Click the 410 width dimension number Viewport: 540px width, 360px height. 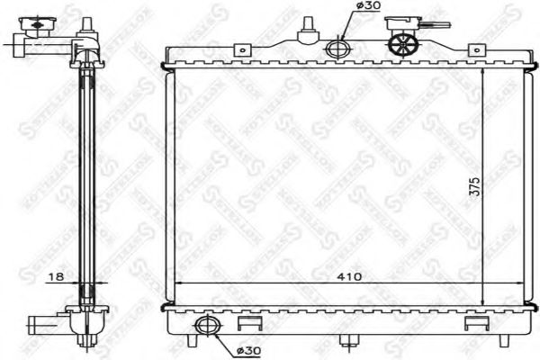pos(350,276)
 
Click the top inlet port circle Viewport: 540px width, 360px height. pos(338,49)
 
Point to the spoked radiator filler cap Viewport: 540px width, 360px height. pos(401,43)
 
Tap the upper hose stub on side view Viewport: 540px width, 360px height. pos(22,40)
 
